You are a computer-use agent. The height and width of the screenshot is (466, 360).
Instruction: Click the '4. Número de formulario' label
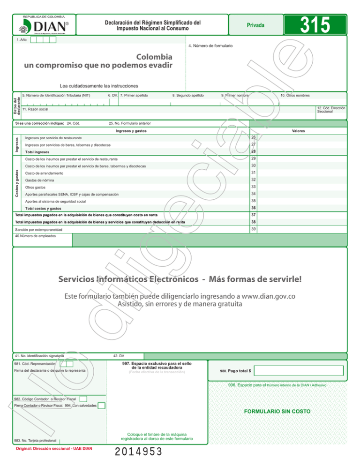(x=210, y=45)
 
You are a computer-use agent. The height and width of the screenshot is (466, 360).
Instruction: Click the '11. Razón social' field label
(x=38, y=109)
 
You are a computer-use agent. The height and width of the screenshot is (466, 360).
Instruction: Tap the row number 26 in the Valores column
(x=253, y=137)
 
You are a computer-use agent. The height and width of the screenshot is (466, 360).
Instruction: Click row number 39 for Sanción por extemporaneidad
(x=253, y=228)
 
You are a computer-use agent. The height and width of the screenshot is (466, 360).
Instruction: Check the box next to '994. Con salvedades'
(x=101, y=405)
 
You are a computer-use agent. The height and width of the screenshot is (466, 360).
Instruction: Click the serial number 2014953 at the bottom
(x=139, y=452)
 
